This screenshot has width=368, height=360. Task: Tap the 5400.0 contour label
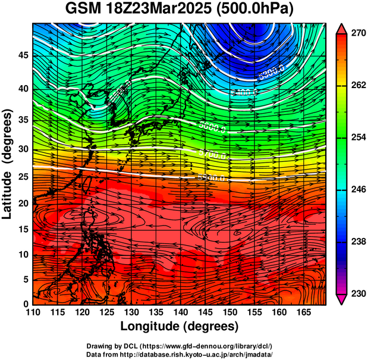click(244, 93)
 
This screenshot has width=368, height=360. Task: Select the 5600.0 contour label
click(213, 127)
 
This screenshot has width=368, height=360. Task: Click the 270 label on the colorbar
click(354, 33)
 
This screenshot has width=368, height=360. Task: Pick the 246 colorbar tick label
click(354, 190)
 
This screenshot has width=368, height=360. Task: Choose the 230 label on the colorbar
click(354, 294)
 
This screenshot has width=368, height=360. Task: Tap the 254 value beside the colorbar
click(354, 137)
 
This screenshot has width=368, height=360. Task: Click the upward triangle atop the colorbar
click(342, 28)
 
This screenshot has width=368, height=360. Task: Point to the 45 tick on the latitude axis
click(23, 56)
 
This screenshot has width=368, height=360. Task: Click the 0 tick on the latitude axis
click(26, 304)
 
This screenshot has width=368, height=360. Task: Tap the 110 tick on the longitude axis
click(33, 312)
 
